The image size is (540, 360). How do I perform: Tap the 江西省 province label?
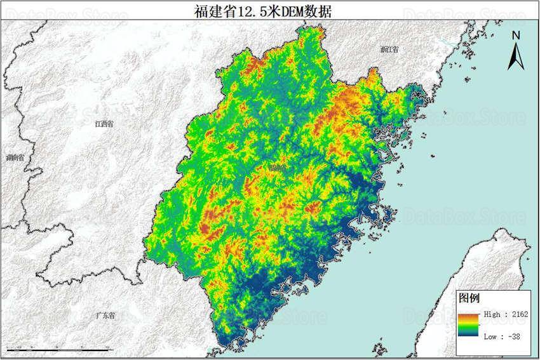pos(103,124)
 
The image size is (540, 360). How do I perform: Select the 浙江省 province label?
pos(389,50)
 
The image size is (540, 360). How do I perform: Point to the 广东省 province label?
pos(105,316)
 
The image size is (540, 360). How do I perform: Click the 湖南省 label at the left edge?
pos(14,157)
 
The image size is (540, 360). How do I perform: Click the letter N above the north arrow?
pos(516,36)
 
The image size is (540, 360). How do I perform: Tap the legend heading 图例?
pos(469,298)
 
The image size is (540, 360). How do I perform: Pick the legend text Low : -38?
pos(502,336)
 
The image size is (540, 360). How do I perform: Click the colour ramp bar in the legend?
pos(469,325)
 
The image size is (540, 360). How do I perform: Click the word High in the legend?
pos(492,314)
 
